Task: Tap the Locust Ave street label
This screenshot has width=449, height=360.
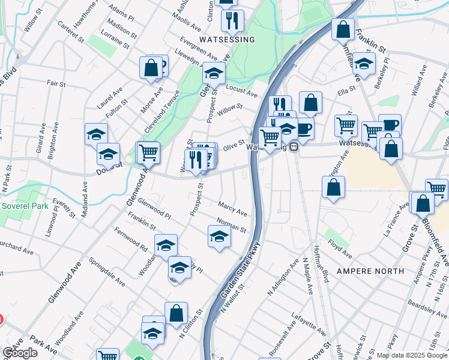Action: (x=241, y=91)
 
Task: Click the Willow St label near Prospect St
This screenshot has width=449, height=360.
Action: (x=230, y=110)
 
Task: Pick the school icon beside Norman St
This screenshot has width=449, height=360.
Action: (x=219, y=238)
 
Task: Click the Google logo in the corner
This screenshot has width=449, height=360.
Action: (x=20, y=353)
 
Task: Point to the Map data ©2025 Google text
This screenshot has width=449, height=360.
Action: (x=412, y=355)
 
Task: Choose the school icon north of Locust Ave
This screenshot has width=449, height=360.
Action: (x=213, y=73)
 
